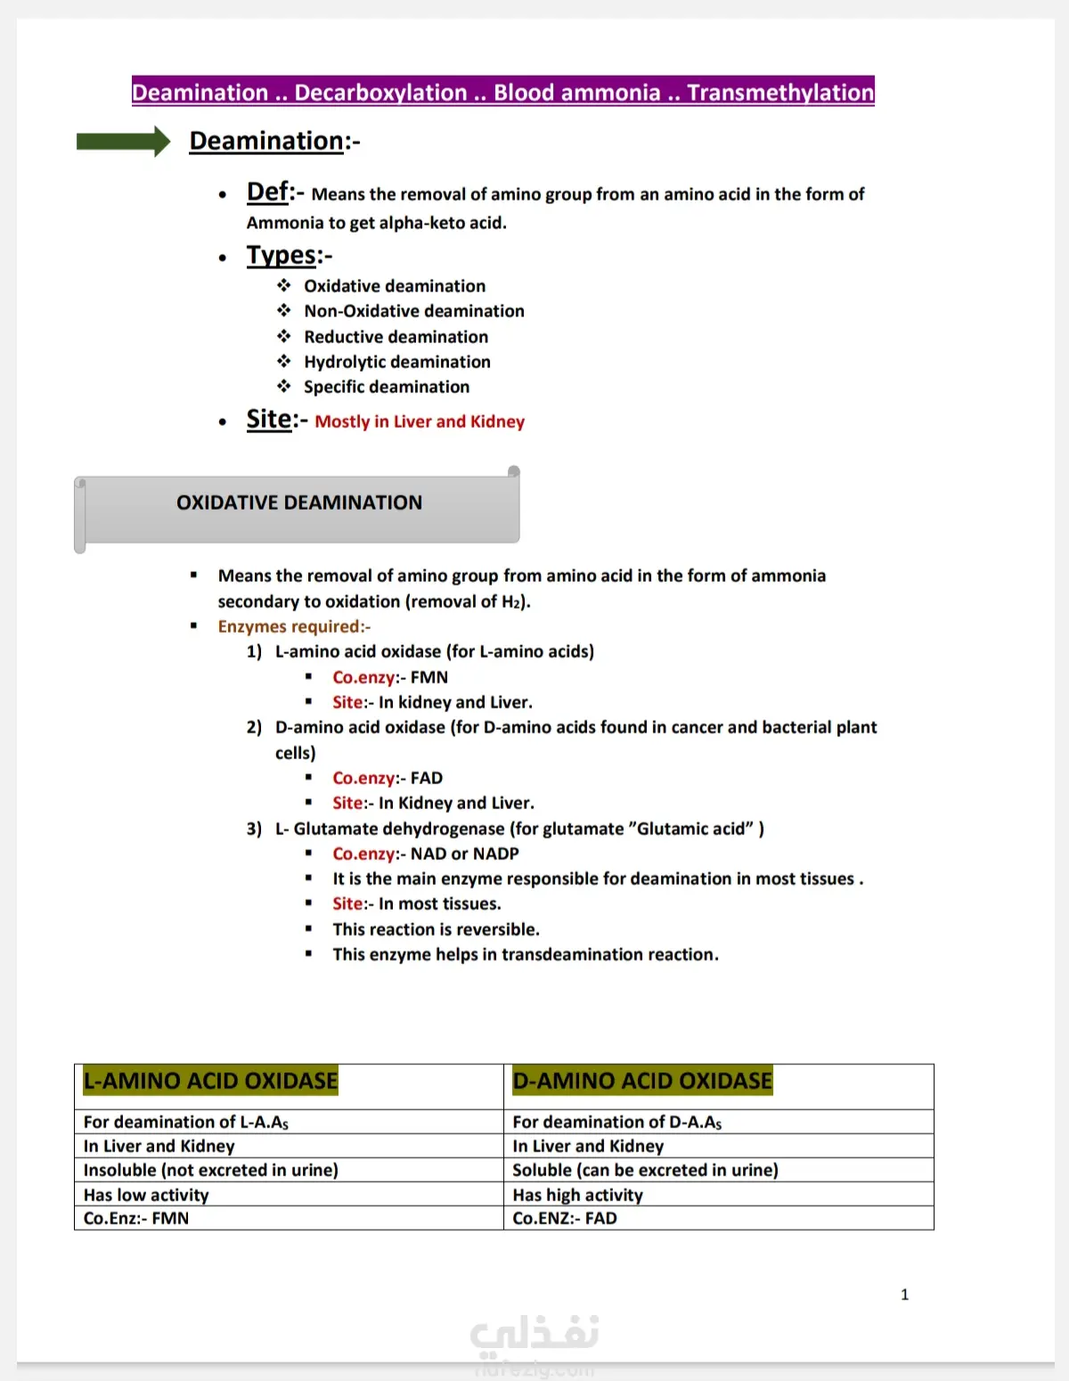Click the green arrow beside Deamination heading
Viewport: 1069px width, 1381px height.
tap(123, 142)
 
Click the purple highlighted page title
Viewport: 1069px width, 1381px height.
tap(502, 92)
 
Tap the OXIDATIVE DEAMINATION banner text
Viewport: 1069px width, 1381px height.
tap(299, 503)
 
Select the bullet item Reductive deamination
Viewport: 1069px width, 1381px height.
tap(396, 337)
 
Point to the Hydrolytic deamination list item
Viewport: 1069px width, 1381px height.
tap(396, 362)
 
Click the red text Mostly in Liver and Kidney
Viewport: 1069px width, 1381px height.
tap(420, 421)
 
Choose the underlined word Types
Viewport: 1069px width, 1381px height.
tap(282, 256)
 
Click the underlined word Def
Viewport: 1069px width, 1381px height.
tap(268, 192)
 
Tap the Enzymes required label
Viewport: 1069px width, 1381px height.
tap(294, 626)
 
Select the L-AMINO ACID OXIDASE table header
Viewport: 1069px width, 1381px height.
tap(210, 1081)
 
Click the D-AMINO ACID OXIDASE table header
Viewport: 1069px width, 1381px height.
tap(642, 1081)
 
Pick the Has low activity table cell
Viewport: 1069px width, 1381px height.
tap(146, 1195)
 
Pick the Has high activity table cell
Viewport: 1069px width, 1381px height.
tap(577, 1195)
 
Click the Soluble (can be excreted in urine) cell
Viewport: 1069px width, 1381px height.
tap(645, 1170)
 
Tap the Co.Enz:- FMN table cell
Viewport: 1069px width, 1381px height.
tap(136, 1218)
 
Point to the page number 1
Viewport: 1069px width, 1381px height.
tap(904, 1295)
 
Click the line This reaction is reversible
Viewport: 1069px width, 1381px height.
tap(436, 929)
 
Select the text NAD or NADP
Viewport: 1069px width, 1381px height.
tap(464, 854)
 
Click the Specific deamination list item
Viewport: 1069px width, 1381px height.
tap(386, 387)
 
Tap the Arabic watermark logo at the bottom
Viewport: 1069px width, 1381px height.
tap(534, 1334)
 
